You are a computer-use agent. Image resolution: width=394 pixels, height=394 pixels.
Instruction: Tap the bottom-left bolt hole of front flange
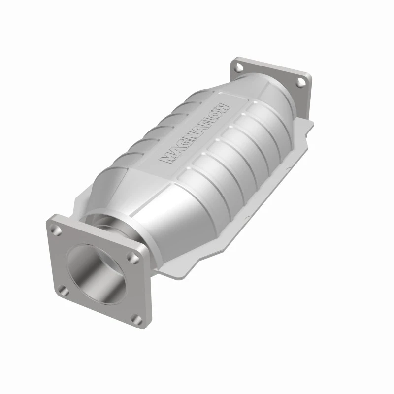pos(63,291)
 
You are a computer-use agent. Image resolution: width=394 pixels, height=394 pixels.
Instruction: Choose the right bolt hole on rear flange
pos(299,83)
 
